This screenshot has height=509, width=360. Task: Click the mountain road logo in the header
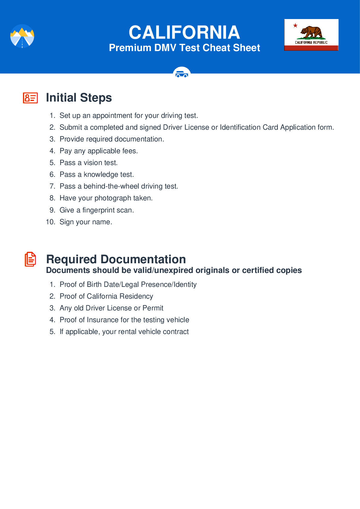tap(22, 36)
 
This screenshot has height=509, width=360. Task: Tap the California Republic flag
tap(311, 35)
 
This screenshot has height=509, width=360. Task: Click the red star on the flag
tap(295, 25)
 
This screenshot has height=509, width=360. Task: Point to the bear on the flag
tap(311, 32)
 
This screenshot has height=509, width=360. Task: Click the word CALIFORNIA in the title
tap(184, 32)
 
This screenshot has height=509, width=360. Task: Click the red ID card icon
tap(30, 98)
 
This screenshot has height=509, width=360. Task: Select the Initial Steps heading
tap(79, 98)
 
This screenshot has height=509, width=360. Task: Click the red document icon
tap(30, 259)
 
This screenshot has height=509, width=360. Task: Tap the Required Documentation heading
tap(116, 259)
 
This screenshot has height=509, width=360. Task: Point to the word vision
tap(92, 163)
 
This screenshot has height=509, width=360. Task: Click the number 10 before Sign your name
tap(50, 222)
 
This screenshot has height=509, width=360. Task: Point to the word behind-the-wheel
tap(111, 186)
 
